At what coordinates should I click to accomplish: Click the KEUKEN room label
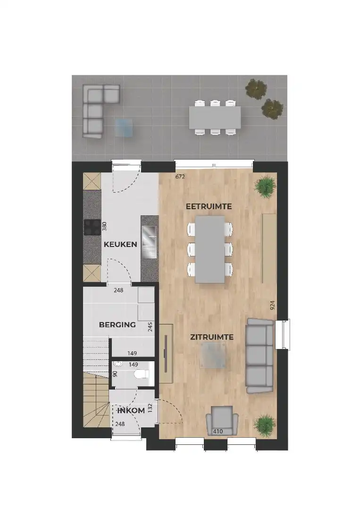121,244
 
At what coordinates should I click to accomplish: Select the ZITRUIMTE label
212,337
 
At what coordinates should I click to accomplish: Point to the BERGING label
117,324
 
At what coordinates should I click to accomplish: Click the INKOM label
131,410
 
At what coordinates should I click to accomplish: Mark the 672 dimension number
180,177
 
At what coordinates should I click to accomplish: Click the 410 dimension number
218,431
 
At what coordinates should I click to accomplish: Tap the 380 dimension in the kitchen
105,227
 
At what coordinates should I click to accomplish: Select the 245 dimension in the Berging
150,327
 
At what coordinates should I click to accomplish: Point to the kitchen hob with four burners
92,228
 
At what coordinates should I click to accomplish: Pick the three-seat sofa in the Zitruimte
259,356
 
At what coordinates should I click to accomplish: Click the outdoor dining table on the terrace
215,117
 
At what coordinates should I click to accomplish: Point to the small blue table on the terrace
125,127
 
